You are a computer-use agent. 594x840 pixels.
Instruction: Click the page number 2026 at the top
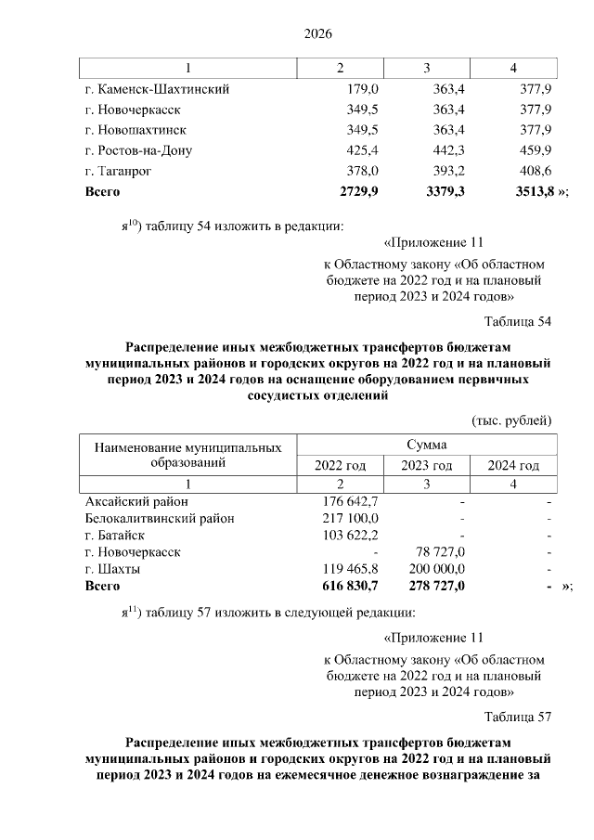(x=318, y=34)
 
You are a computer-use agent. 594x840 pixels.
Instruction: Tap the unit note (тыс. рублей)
(x=512, y=420)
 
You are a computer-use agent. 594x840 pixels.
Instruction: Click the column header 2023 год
(x=426, y=465)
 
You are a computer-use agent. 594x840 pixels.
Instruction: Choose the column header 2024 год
(x=513, y=465)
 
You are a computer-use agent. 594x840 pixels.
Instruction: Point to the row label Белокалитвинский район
(x=159, y=518)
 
